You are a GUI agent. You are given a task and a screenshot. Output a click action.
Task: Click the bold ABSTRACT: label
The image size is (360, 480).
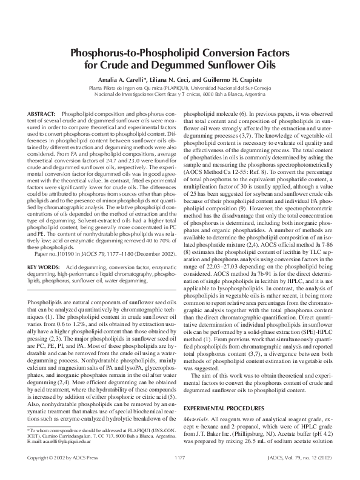click(42, 114)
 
